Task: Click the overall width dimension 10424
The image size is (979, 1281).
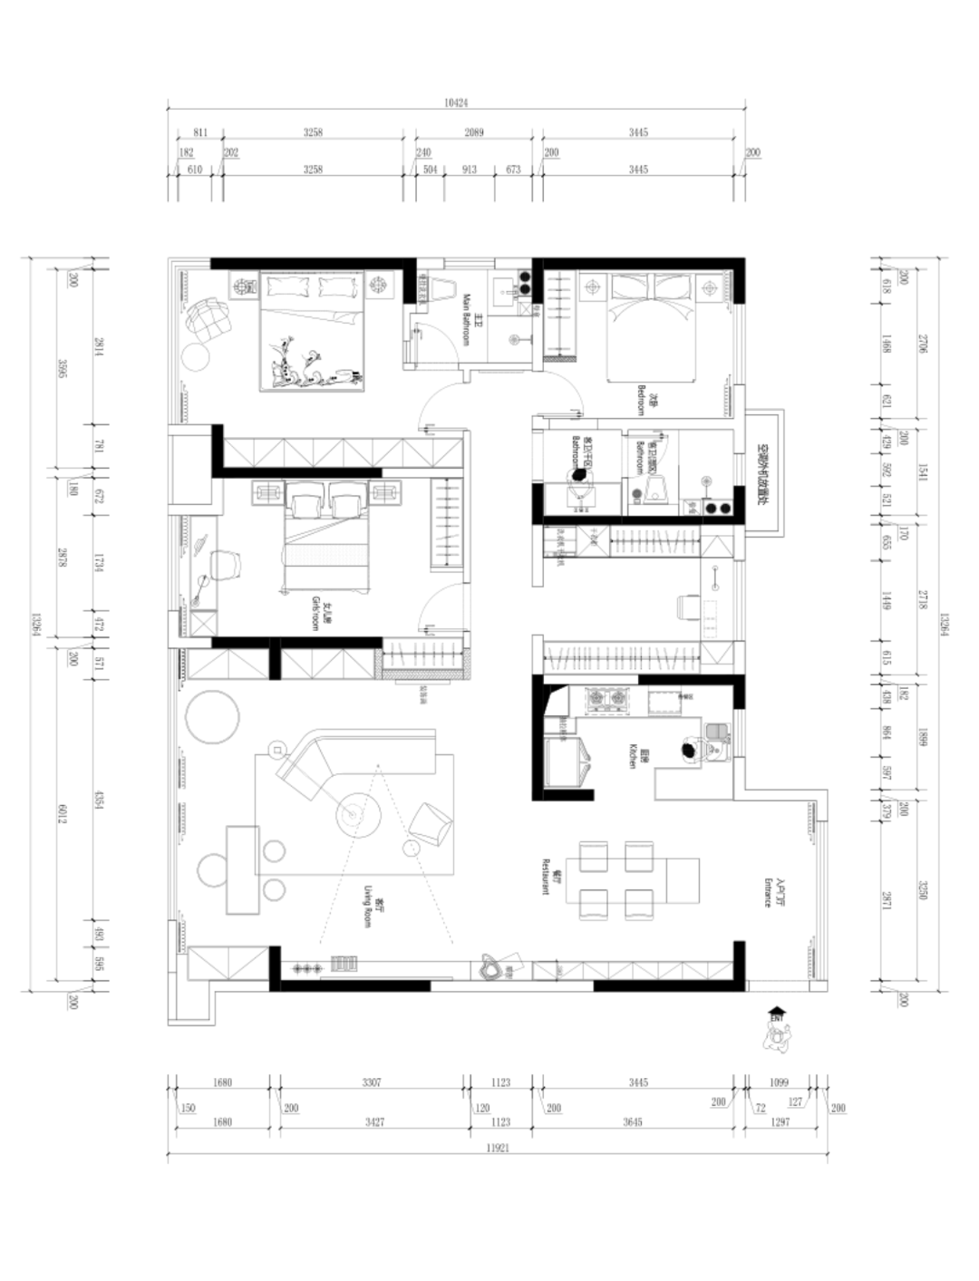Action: (455, 103)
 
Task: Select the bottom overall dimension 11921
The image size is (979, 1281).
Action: (496, 1148)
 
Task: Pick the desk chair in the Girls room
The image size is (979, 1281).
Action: (227, 563)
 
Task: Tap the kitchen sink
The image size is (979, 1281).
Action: (718, 736)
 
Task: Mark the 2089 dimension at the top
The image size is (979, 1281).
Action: (474, 132)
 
